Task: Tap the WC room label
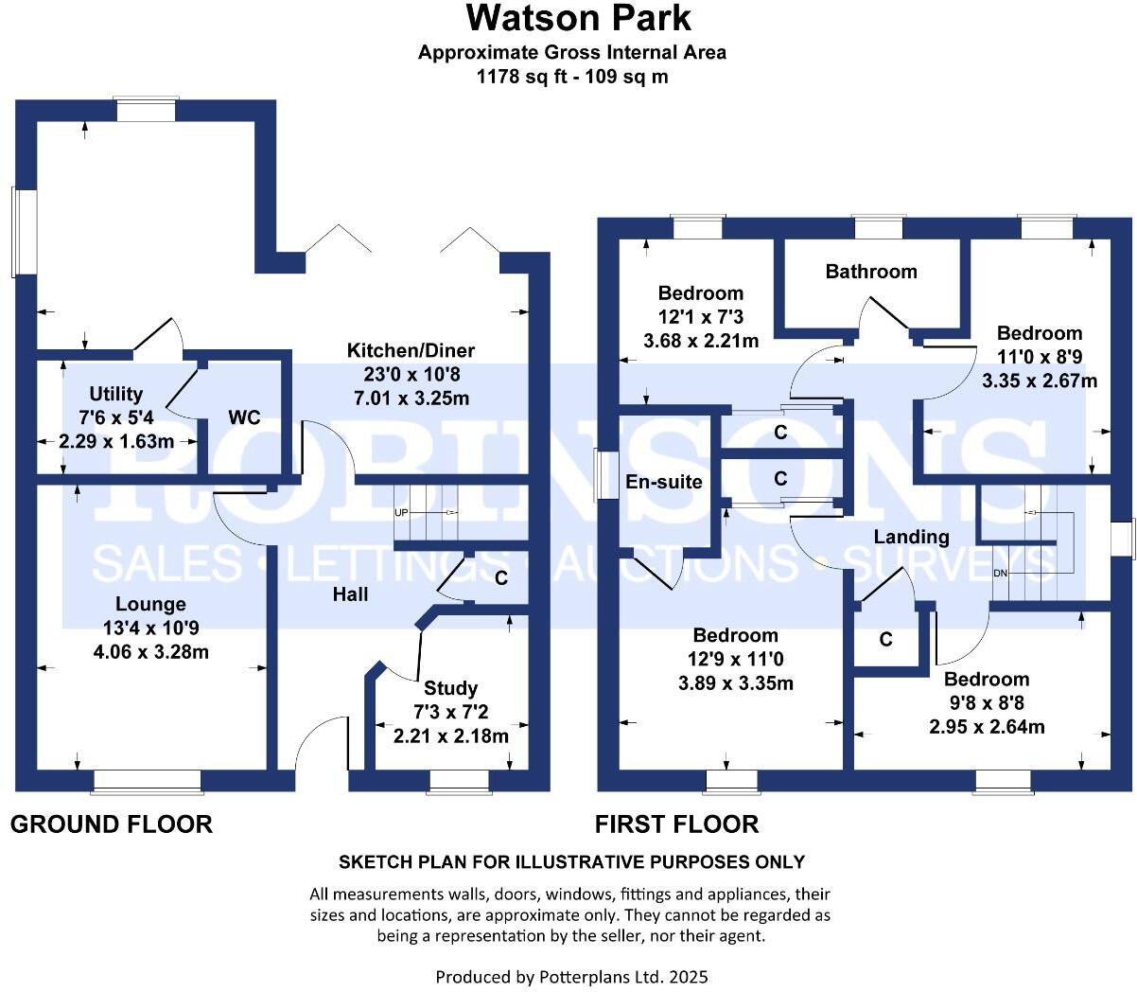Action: point(243,418)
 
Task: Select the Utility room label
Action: point(115,394)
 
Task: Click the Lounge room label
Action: point(150,604)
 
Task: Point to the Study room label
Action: point(450,688)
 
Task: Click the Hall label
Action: point(350,594)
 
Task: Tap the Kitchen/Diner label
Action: point(411,350)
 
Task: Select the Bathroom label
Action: point(870,272)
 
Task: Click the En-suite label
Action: point(664,482)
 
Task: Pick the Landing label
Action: point(910,537)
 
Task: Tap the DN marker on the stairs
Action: point(1000,574)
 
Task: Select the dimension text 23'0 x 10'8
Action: point(411,374)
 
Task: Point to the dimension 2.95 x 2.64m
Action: point(986,727)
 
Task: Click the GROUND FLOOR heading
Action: point(112,824)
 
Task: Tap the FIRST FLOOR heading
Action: point(676,824)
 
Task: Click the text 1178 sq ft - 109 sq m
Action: point(572,77)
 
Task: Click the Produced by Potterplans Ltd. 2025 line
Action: point(571,976)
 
